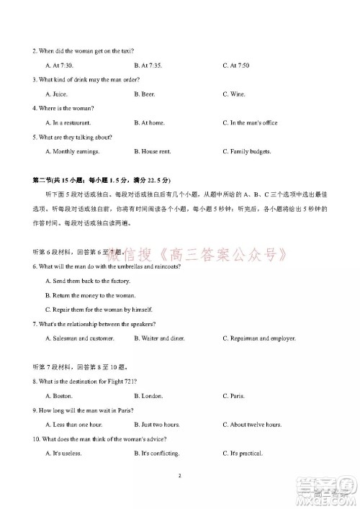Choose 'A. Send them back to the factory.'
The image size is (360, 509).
point(87,281)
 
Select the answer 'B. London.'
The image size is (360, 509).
point(148,396)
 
